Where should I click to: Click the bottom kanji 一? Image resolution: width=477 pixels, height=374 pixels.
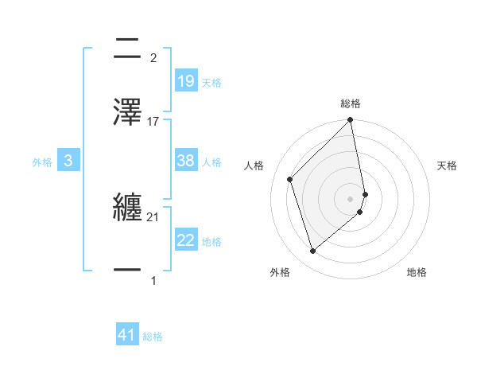click(128, 270)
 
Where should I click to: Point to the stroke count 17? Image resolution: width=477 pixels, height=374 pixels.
click(153, 121)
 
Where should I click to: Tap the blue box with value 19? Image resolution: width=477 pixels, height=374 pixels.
click(185, 80)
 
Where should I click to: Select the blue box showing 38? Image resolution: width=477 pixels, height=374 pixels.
click(185, 161)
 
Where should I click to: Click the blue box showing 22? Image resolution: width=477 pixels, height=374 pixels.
click(185, 240)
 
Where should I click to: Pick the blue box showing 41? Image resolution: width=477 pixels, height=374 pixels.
click(128, 335)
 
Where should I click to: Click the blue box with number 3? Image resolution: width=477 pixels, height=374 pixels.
click(68, 161)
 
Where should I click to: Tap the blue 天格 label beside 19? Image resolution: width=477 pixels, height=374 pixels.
click(211, 82)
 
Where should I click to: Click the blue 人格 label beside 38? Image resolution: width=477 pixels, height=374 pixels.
click(211, 162)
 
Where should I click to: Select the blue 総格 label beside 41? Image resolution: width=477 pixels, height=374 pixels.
click(153, 337)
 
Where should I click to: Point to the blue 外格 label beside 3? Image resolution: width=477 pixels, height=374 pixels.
click(42, 162)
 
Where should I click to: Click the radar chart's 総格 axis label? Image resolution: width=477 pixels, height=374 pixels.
click(351, 103)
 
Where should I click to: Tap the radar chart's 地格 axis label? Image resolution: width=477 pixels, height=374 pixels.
click(417, 272)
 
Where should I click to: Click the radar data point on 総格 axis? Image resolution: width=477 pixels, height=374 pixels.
click(351, 121)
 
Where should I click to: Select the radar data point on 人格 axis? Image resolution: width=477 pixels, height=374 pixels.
click(290, 179)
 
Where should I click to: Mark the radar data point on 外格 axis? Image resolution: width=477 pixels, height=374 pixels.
click(312, 251)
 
